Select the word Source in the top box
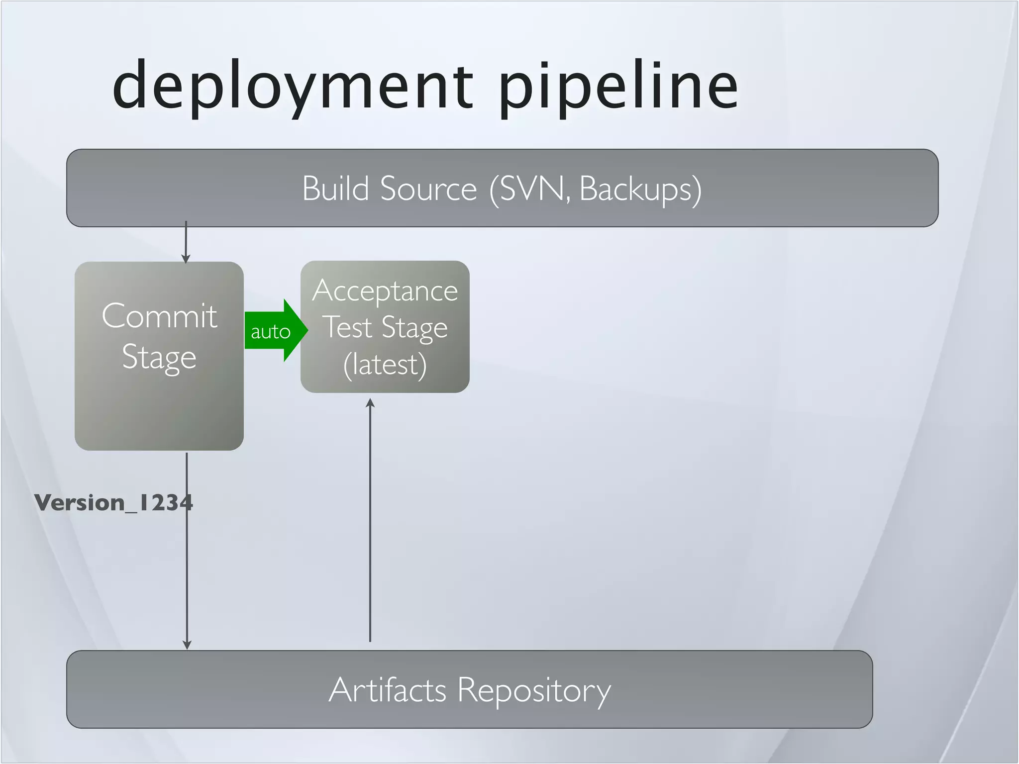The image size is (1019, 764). [x=428, y=189]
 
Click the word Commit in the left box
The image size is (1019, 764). [x=159, y=316]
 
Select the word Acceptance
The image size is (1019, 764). [x=385, y=291]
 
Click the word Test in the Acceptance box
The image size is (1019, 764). [x=348, y=327]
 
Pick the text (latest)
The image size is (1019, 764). [x=385, y=365]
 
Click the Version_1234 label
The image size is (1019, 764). [x=113, y=503]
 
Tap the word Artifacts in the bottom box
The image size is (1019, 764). [x=387, y=690]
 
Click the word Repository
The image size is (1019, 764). [x=533, y=691]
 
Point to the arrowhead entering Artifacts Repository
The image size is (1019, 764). [x=187, y=645]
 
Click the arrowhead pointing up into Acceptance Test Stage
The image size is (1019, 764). [x=370, y=403]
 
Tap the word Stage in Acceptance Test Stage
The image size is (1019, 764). [x=414, y=328]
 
